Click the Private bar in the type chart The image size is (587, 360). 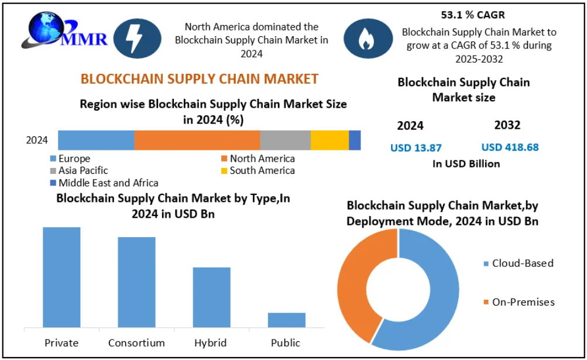coord(61,277)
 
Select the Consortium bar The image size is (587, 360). coord(136,282)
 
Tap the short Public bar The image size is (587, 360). coord(286,320)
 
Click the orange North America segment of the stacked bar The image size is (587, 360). coord(197,140)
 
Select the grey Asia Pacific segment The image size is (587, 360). coord(285,140)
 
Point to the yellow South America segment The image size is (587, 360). coord(329,140)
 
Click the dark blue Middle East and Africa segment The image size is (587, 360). coord(355,140)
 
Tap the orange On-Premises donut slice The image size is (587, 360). coord(353,281)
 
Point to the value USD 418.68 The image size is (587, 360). coord(510,148)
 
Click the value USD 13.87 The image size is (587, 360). coord(416,148)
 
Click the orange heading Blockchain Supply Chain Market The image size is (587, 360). coord(199,79)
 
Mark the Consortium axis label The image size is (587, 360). coord(136,343)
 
